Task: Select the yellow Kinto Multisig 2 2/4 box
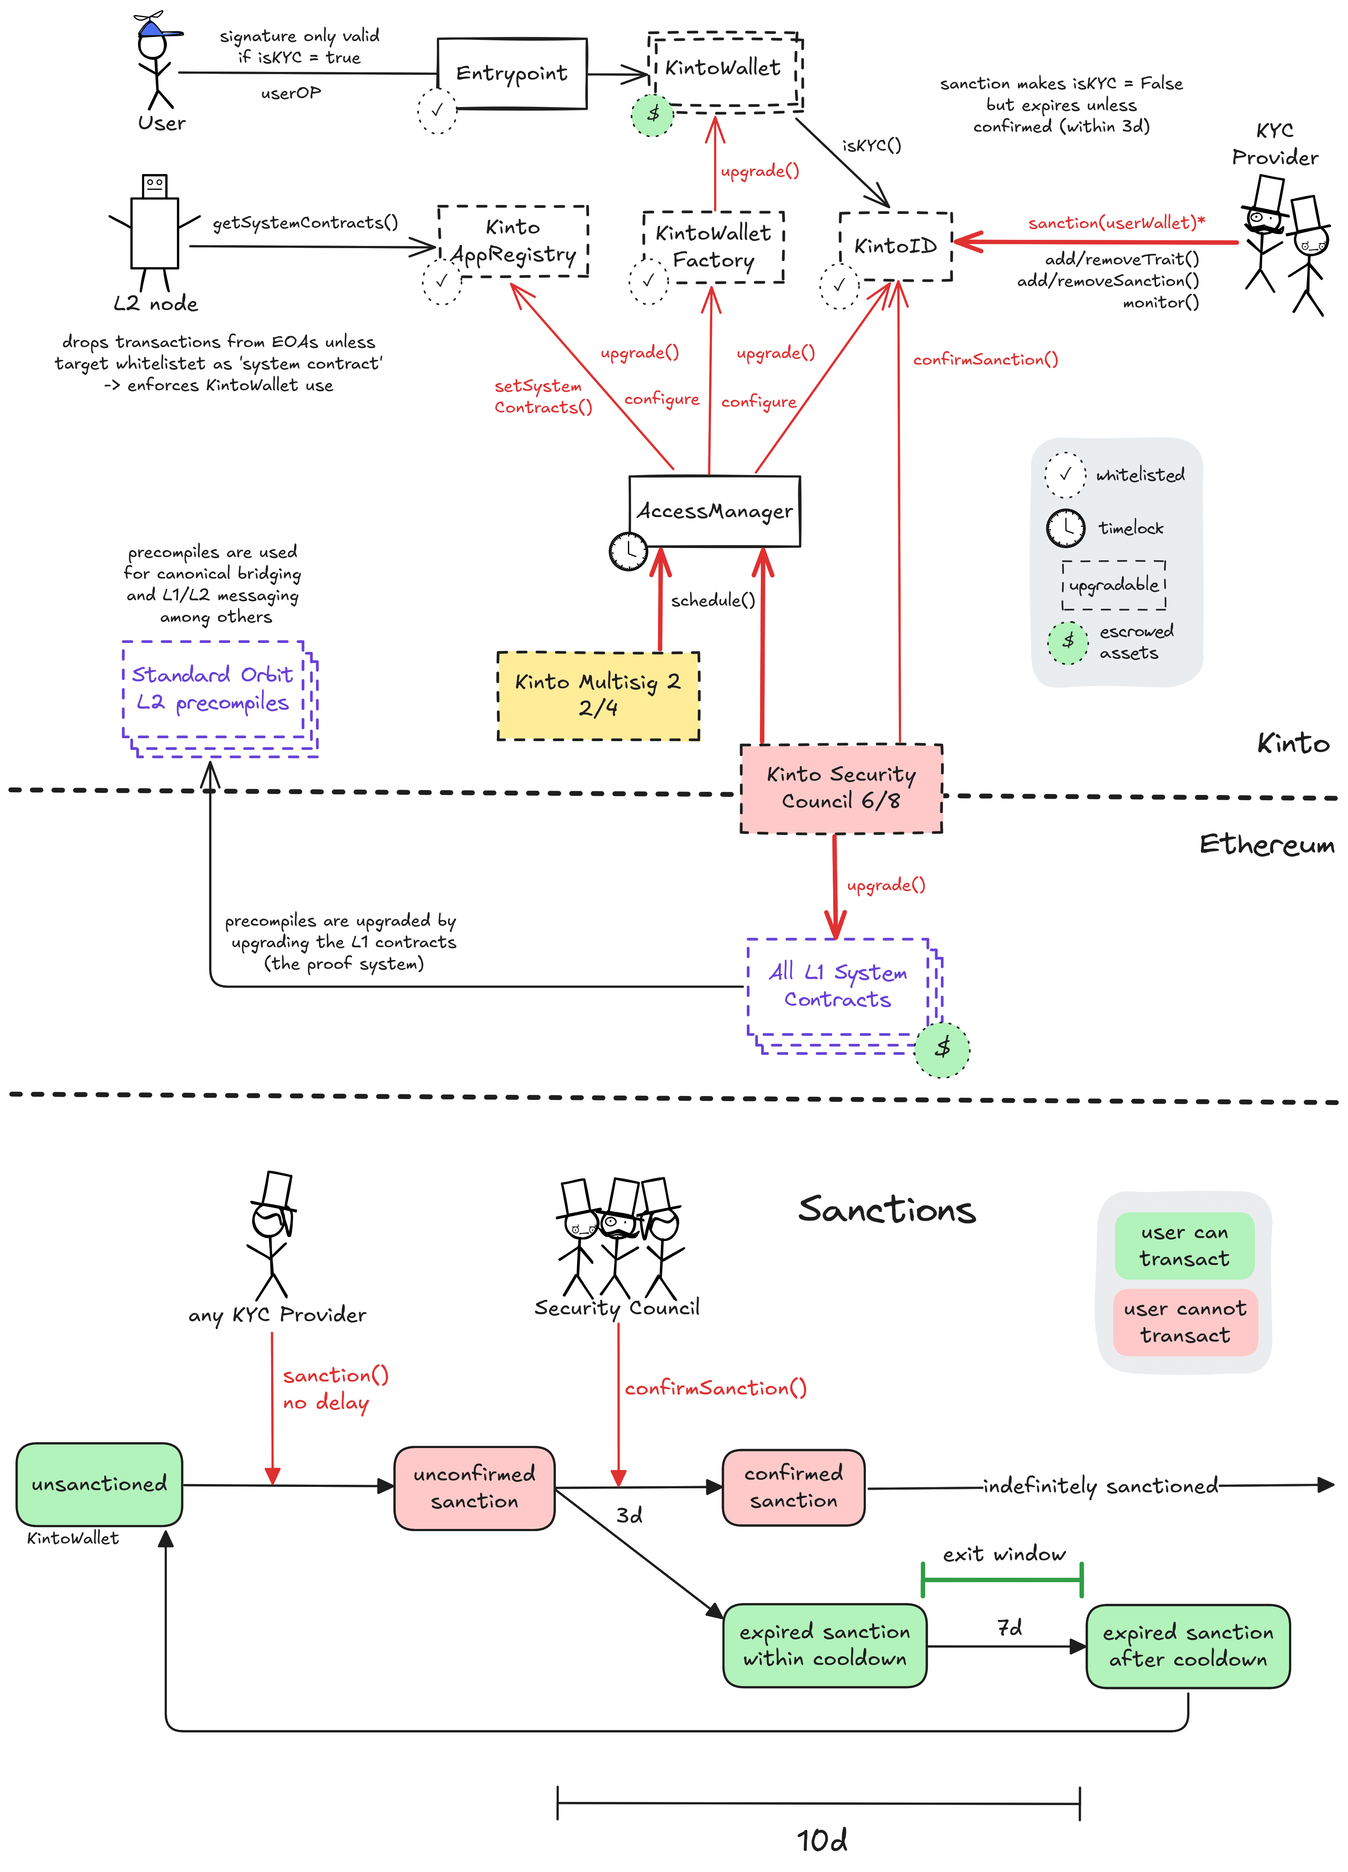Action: click(598, 695)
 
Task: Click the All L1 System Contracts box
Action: click(838, 986)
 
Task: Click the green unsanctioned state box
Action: click(99, 1484)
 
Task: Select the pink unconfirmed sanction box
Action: click(474, 1487)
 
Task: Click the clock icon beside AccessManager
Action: click(628, 551)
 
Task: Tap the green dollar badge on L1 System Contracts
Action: click(942, 1048)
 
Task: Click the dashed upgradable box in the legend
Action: click(1114, 585)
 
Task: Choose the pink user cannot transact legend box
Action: click(1184, 1321)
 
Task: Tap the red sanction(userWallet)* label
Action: click(1116, 223)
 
